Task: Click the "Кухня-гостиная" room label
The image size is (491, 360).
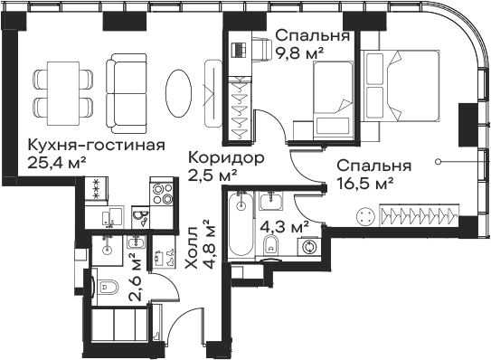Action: pos(83,146)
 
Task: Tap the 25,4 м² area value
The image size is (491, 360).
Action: pos(57,163)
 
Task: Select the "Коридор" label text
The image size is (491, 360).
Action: pos(226,157)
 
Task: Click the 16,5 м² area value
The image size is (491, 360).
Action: pos(364,184)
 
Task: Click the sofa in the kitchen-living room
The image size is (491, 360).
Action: pos(126,86)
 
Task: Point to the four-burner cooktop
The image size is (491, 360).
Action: pos(163,194)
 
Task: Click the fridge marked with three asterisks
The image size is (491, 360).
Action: pos(94,192)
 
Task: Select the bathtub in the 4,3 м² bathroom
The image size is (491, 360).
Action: pos(239,224)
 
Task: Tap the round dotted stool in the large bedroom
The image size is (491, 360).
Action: pos(367,216)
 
